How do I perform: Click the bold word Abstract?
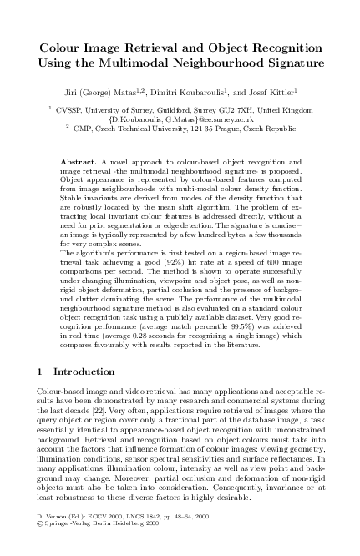point(79,159)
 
